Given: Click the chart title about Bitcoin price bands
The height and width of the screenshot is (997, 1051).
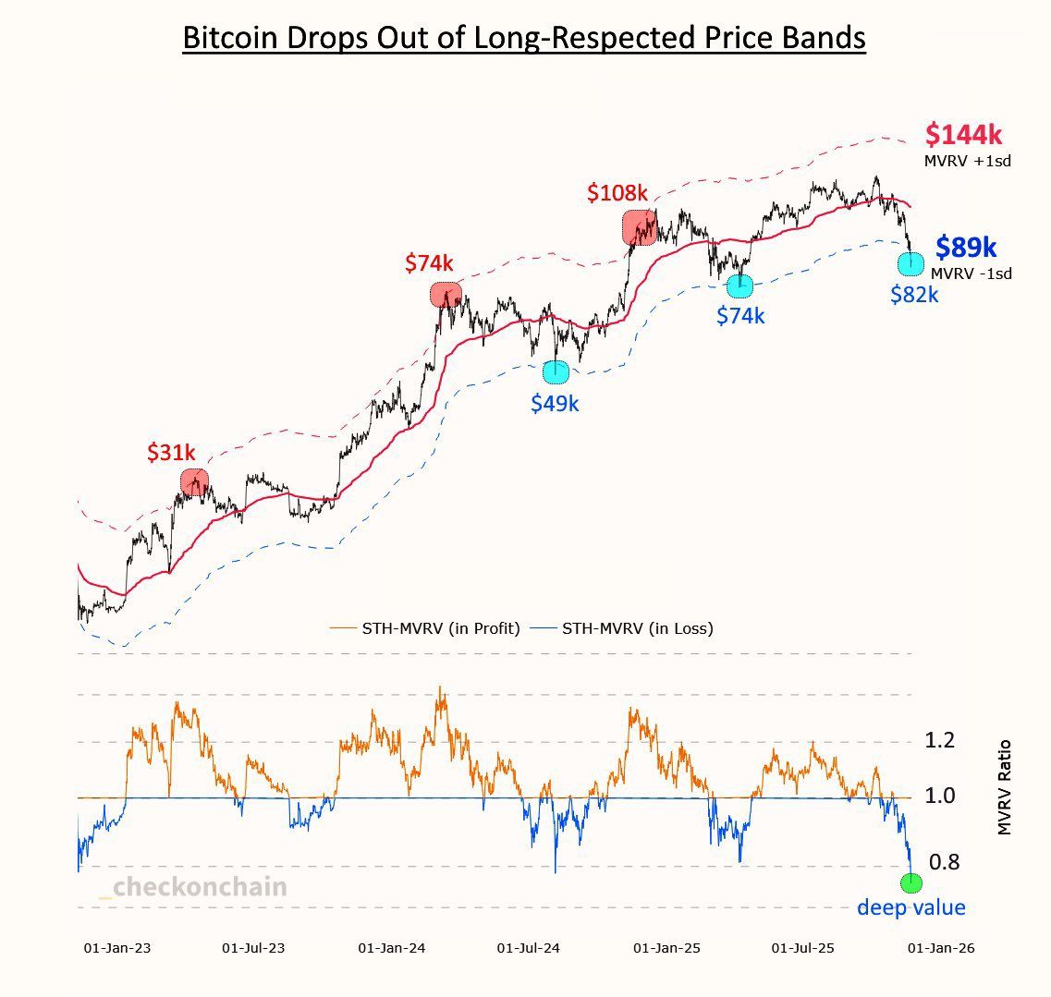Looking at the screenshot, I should click(x=523, y=38).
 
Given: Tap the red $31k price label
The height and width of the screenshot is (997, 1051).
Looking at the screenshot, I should click(x=171, y=453).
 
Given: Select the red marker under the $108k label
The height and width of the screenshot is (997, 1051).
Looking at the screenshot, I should click(x=640, y=227).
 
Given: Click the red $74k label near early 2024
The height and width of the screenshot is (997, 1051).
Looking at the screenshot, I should click(x=430, y=262).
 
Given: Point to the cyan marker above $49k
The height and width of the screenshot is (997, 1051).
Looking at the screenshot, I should click(x=556, y=371).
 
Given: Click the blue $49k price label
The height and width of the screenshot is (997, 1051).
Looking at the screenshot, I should click(x=555, y=403).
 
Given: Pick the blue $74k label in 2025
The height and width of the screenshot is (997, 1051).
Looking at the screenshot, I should click(x=740, y=316).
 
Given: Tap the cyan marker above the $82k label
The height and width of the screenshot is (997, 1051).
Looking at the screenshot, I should click(x=910, y=263).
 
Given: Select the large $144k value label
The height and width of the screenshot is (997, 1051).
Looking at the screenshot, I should click(x=963, y=135).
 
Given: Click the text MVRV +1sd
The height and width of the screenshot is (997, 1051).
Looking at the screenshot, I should click(x=967, y=161).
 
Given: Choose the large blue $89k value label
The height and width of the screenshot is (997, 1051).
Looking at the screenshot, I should click(x=966, y=248).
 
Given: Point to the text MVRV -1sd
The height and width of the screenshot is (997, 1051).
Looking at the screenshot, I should click(x=971, y=274).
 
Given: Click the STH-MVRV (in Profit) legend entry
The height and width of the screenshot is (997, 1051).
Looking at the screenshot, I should click(x=425, y=628).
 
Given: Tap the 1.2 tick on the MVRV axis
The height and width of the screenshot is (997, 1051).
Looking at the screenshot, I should click(x=940, y=740).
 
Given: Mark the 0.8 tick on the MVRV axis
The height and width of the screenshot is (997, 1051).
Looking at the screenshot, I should click(x=944, y=862).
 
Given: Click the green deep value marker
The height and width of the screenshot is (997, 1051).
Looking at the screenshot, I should click(x=910, y=882).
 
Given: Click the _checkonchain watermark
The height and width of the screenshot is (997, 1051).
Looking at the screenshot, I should click(x=193, y=887).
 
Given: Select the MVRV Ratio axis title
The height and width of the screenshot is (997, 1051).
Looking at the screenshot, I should click(x=1005, y=787).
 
